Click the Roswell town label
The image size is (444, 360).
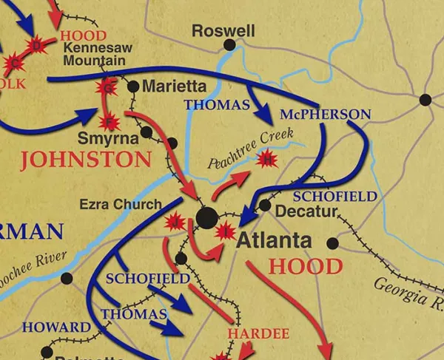click(223, 30)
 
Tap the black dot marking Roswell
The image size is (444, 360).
click(230, 45)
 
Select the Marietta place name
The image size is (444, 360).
click(174, 86)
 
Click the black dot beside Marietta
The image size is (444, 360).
click(133, 86)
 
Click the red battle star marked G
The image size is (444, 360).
click(108, 89)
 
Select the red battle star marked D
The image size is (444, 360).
click(36, 47)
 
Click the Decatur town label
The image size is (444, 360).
click(306, 211)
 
